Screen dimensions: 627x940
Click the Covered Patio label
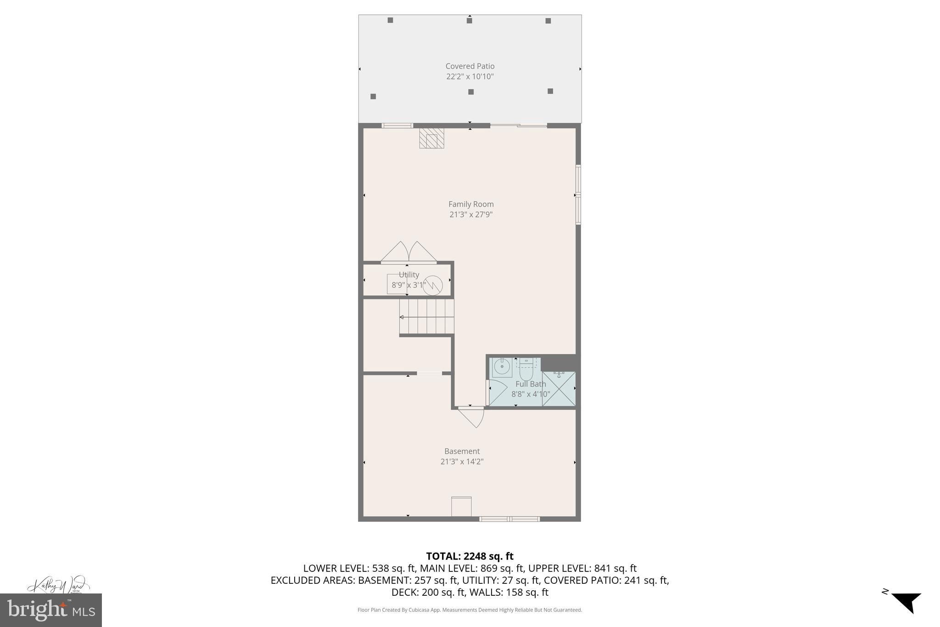point(470,66)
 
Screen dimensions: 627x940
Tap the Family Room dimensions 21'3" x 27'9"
point(470,215)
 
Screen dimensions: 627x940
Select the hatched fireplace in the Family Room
point(431,138)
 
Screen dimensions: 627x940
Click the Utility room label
point(408,275)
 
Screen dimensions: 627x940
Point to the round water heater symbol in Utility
point(433,285)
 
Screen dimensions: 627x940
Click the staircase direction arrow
point(402,317)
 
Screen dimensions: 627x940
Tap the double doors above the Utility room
point(408,252)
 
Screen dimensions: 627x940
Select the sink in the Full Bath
point(502,367)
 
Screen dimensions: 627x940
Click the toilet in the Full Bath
point(526,370)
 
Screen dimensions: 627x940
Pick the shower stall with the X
point(559,389)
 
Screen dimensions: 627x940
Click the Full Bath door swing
point(497,391)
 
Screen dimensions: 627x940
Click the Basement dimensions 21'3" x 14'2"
point(462,462)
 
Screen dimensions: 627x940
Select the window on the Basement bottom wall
point(509,519)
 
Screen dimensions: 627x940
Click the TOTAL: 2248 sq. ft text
point(470,556)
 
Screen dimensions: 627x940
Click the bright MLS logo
point(50,610)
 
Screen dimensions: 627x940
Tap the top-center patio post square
point(469,20)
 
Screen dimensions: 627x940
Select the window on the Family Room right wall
point(578,195)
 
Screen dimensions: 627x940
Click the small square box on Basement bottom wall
point(461,506)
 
